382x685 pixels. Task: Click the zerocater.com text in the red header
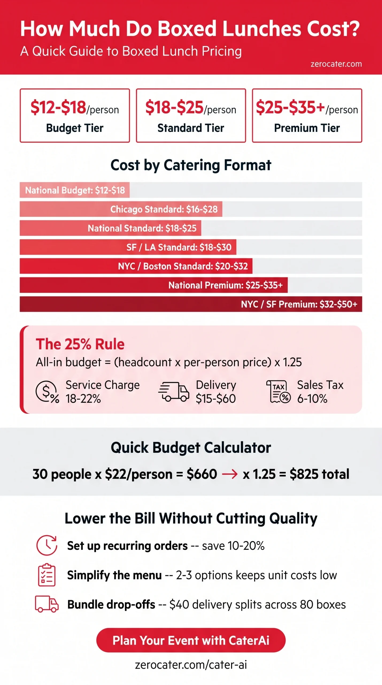[336, 64]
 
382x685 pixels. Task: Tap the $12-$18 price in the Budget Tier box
[58, 107]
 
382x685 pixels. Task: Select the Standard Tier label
[191, 128]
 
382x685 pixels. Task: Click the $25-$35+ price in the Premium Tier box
[290, 107]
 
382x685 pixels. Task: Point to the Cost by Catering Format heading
[191, 165]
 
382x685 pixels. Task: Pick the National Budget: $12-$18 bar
[75, 190]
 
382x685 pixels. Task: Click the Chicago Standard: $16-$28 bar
[121, 209]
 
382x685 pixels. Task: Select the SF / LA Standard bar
[128, 247]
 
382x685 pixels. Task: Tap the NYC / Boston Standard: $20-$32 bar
[136, 266]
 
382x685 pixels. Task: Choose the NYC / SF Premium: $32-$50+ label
[299, 304]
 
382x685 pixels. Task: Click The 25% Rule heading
[80, 344]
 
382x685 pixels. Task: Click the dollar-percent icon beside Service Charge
[47, 392]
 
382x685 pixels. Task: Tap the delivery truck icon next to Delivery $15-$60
[174, 392]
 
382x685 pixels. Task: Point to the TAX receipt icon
[279, 392]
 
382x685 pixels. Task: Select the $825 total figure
[319, 474]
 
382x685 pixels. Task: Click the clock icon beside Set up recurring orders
[47, 545]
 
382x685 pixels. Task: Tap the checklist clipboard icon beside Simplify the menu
[47, 575]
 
